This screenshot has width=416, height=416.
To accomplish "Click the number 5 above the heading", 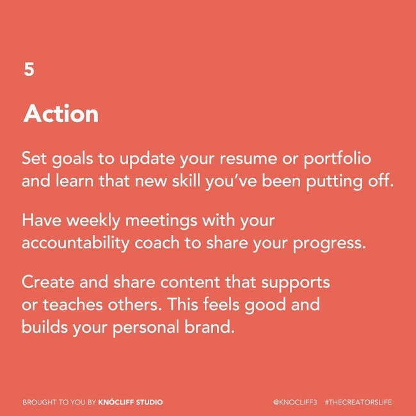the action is pyautogui.click(x=29, y=69).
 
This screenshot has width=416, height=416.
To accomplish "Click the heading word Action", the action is pyautogui.click(x=61, y=113).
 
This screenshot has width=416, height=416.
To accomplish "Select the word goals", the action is pyautogui.click(x=72, y=159).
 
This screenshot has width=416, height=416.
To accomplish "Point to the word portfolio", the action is pyautogui.click(x=337, y=159).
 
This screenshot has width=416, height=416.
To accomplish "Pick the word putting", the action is pyautogui.click(x=334, y=182).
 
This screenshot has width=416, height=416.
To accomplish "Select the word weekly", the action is pyautogui.click(x=93, y=221).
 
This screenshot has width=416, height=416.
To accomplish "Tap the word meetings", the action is pyautogui.click(x=161, y=221).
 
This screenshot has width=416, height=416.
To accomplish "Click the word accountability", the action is pyautogui.click(x=76, y=243).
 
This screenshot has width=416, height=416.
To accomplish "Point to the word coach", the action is pyautogui.click(x=157, y=243).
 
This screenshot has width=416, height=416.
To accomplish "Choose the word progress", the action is pyautogui.click(x=329, y=244).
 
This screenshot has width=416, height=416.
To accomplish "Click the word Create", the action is pyautogui.click(x=48, y=282).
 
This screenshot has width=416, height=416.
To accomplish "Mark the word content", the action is pyautogui.click(x=190, y=282).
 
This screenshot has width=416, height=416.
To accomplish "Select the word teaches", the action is pyautogui.click(x=73, y=304).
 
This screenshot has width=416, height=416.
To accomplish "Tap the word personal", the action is pyautogui.click(x=146, y=328).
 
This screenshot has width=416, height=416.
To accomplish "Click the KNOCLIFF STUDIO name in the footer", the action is pyautogui.click(x=131, y=402).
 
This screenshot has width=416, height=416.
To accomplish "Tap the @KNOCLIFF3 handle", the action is pyautogui.click(x=295, y=402).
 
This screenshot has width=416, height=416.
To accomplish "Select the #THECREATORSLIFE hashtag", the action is pyautogui.click(x=358, y=402).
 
